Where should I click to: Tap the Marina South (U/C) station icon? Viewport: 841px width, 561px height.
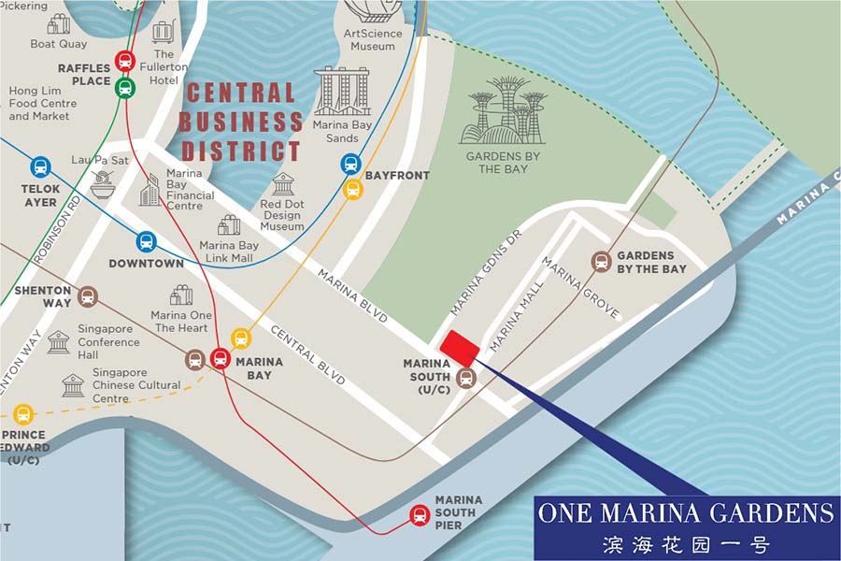(x=466, y=378)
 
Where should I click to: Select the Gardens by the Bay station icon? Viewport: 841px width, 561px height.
(x=602, y=262)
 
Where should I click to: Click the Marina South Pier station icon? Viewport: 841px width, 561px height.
(x=420, y=514)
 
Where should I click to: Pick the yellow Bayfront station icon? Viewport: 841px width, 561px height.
(x=352, y=189)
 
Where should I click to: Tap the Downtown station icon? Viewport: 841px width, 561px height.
(x=146, y=241)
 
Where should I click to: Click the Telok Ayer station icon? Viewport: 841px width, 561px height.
(x=40, y=167)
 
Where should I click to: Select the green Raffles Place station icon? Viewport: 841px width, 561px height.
(x=125, y=88)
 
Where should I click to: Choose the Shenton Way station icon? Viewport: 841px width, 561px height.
(x=88, y=297)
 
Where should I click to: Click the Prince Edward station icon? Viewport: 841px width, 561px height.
(x=23, y=414)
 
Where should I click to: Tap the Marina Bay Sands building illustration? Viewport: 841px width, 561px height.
(x=341, y=92)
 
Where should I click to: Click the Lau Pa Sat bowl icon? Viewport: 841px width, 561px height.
(x=102, y=184)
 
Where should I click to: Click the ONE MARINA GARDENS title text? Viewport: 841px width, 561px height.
(x=685, y=512)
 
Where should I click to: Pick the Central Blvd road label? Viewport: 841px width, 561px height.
(x=309, y=354)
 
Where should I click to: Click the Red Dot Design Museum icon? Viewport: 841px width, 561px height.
(x=283, y=184)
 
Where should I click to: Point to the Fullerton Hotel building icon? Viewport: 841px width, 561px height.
(x=163, y=33)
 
